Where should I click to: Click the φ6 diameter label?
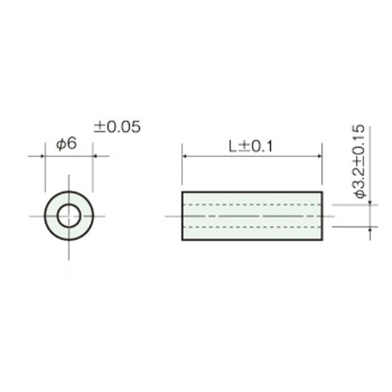[66, 144]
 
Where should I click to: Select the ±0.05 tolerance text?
[117, 127]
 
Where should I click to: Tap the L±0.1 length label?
[251, 146]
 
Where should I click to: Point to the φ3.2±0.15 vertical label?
[359, 161]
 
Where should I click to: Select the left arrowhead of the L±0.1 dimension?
[185, 156]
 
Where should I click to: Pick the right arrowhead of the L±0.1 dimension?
[320, 156]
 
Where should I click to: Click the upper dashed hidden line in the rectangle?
[252, 205]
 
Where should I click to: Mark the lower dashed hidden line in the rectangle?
[252, 227]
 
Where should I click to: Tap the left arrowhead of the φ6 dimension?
[43, 156]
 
